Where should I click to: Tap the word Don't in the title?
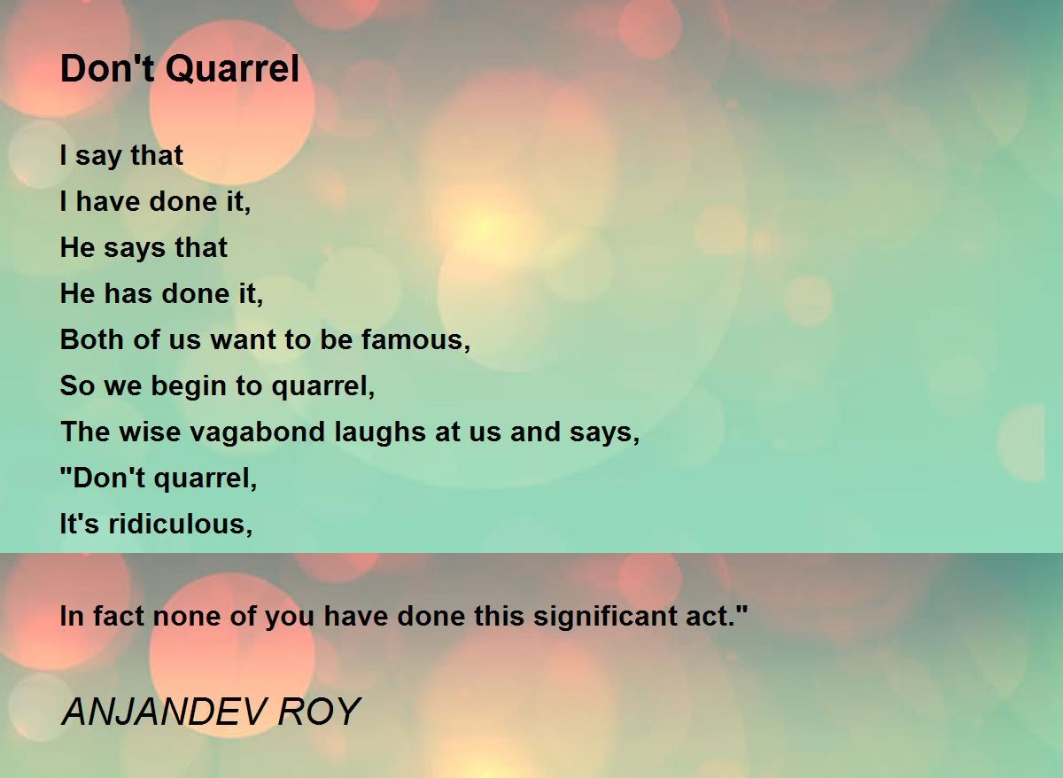coord(108,68)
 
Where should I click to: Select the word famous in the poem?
coord(415,340)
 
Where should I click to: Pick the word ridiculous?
coord(181,524)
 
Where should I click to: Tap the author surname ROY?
coord(320,712)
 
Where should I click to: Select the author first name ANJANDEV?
coord(163,712)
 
